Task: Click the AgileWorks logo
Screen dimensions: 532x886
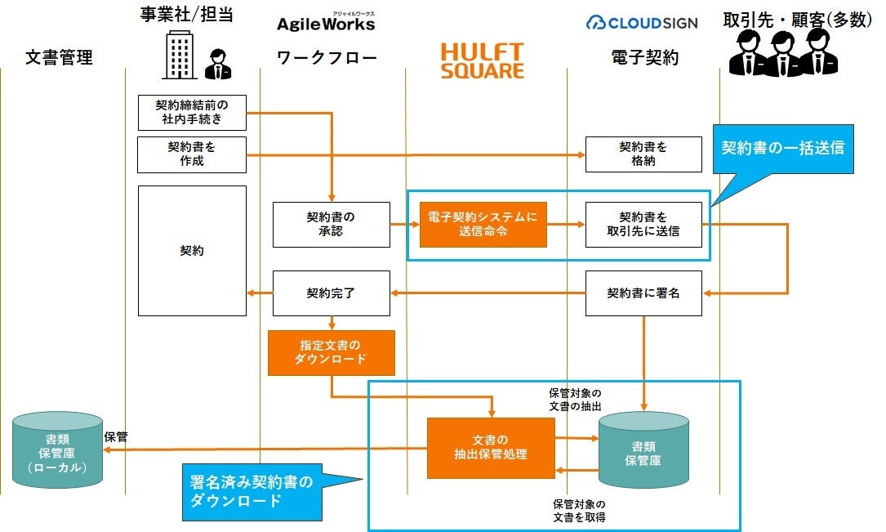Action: (326, 22)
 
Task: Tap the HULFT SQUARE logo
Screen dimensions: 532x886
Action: (482, 61)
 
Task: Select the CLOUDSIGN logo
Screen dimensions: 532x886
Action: (642, 22)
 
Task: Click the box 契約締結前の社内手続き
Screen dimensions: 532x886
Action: (191, 112)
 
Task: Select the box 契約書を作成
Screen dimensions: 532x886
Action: (191, 154)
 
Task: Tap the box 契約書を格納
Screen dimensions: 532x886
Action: (643, 154)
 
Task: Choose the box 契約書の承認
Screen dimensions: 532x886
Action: (331, 224)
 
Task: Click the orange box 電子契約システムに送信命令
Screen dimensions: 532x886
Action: (483, 224)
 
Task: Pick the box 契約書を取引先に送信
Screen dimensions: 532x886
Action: (643, 224)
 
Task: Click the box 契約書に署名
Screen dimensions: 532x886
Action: (643, 293)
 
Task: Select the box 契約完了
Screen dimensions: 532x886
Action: (331, 293)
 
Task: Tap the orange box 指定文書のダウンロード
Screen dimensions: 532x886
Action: (331, 352)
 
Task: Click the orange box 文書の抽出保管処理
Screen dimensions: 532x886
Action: (491, 448)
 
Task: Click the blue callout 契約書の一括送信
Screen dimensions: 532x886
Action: (782, 149)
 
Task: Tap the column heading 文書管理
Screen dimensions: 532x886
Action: (59, 57)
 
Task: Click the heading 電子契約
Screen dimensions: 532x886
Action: (644, 57)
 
